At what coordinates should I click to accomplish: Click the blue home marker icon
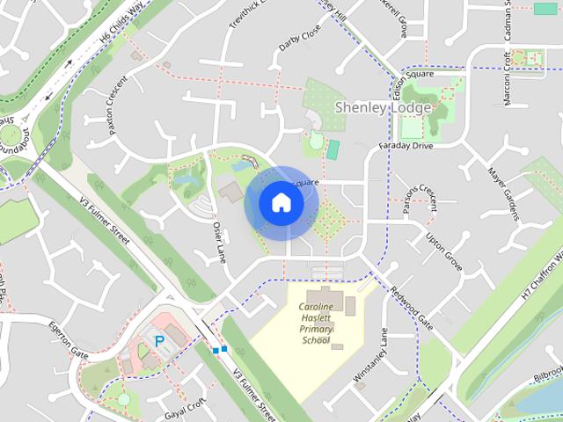click(x=281, y=203)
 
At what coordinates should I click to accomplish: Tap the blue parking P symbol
click(x=159, y=340)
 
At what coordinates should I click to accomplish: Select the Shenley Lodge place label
click(x=383, y=107)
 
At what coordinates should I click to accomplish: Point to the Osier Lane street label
click(x=219, y=244)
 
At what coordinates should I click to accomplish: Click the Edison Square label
click(x=413, y=75)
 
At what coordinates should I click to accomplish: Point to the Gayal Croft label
click(x=184, y=405)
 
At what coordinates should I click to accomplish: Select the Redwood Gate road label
click(x=412, y=308)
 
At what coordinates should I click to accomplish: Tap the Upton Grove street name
click(x=444, y=251)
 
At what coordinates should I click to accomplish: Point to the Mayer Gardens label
click(x=502, y=193)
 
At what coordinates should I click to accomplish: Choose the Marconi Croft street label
click(x=508, y=78)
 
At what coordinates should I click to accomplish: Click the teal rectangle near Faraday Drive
click(x=333, y=149)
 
